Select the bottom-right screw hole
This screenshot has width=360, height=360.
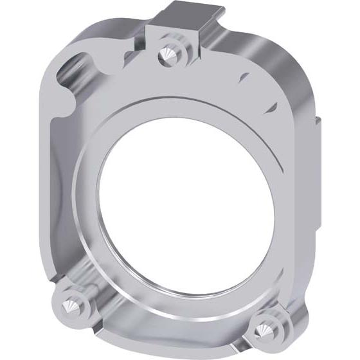pyautogui.click(x=263, y=328)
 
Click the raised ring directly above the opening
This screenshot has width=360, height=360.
pyautogui.click(x=186, y=106)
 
